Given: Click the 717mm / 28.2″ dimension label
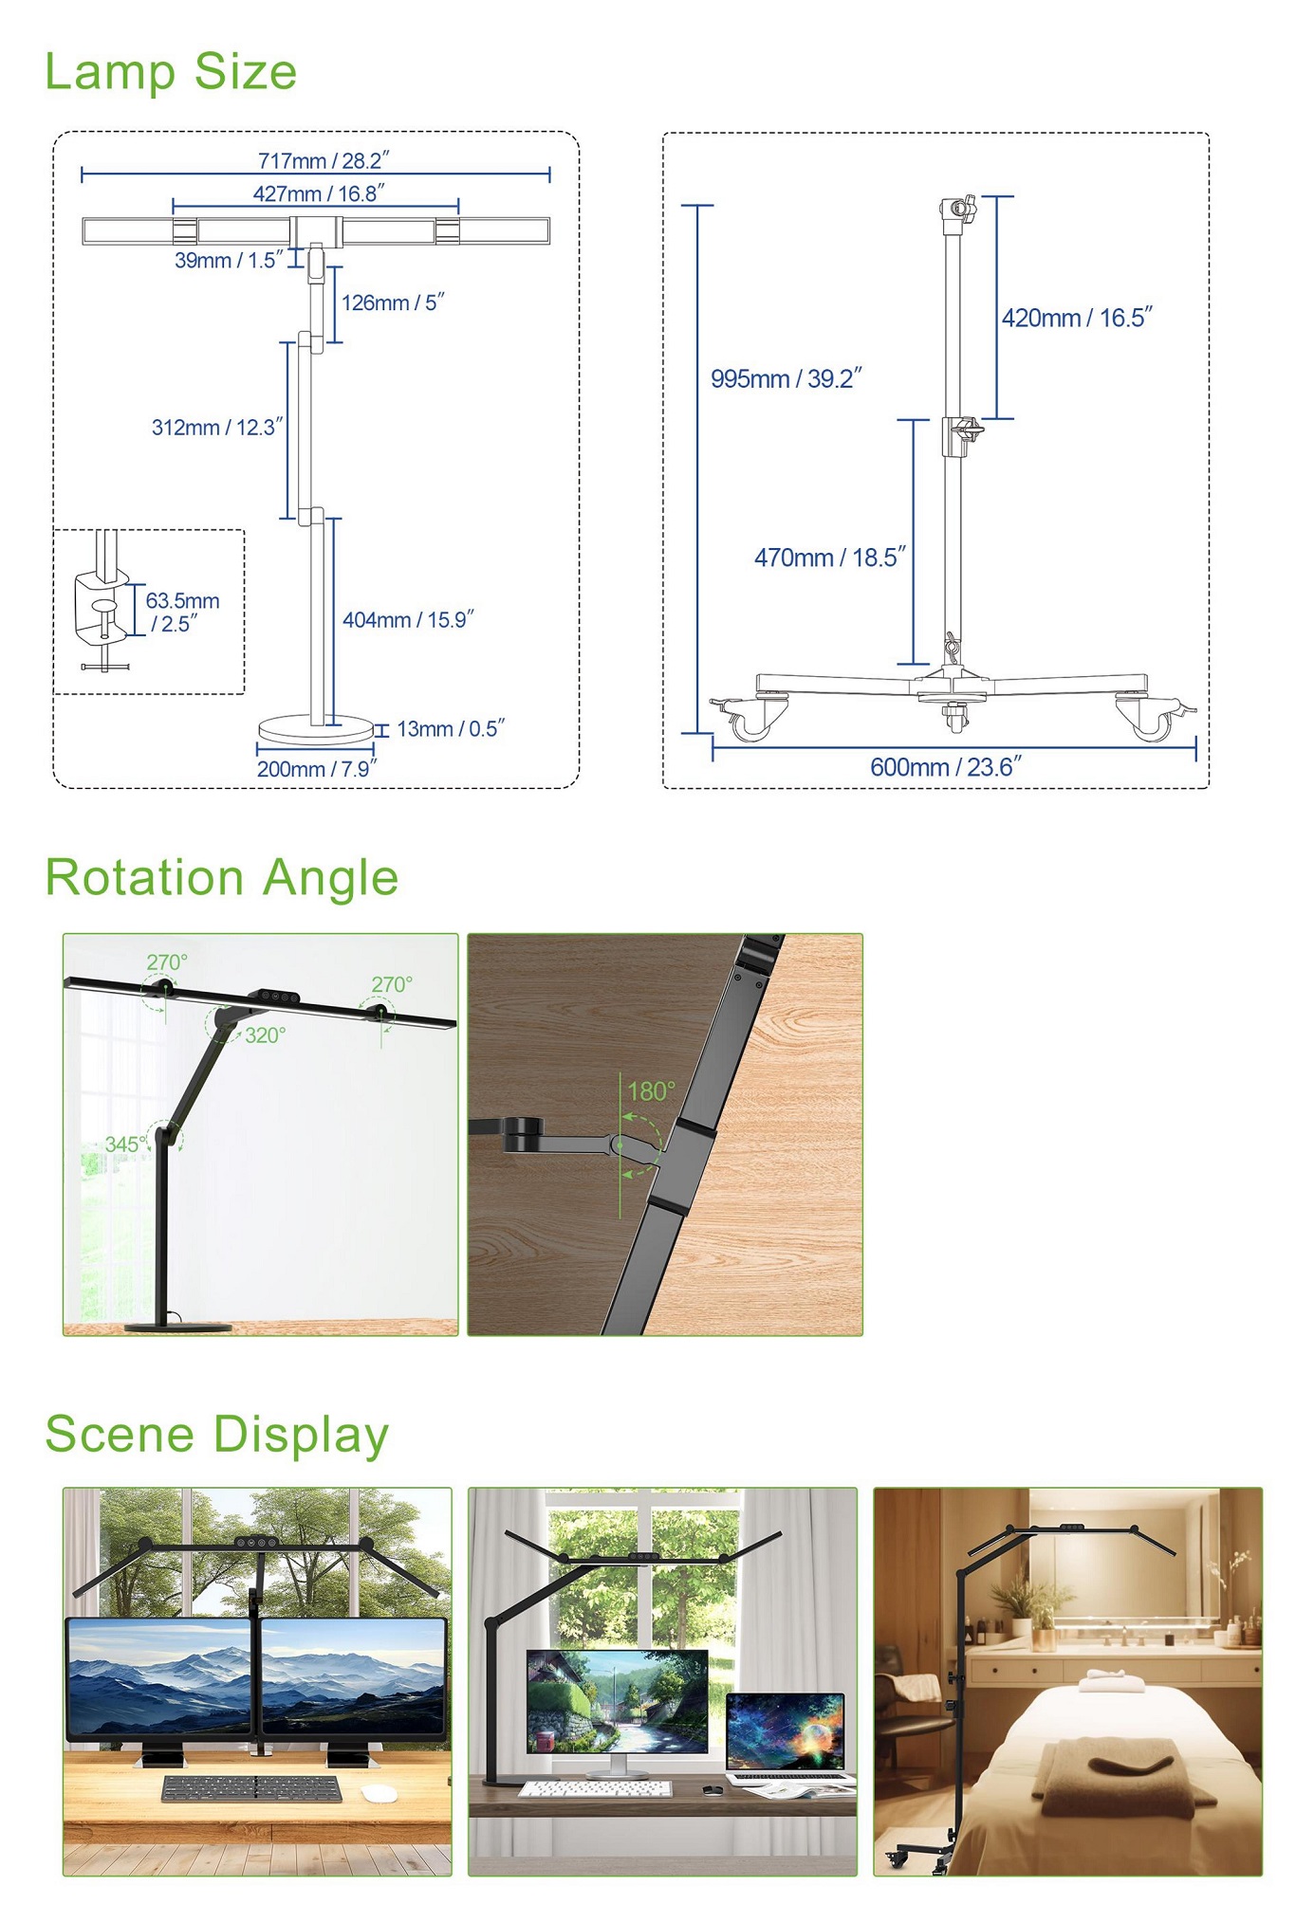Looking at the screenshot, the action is [x=324, y=160].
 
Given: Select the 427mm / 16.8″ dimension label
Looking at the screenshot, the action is [x=319, y=193].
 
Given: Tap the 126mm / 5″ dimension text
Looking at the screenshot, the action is [x=393, y=302].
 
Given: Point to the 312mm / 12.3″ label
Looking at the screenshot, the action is [x=217, y=427].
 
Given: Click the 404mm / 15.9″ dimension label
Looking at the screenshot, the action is [x=408, y=619].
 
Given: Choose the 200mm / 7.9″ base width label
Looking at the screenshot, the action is [x=317, y=769].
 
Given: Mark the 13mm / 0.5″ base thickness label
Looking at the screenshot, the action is [x=451, y=728].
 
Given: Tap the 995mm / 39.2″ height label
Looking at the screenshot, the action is [x=787, y=378].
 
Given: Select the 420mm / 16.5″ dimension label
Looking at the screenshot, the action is [x=1077, y=318].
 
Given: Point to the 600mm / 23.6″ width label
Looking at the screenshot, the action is [x=946, y=766].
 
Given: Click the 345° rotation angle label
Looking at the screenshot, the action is [x=125, y=1144].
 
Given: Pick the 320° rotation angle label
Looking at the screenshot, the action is [x=266, y=1035].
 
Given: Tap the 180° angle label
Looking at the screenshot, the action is [x=652, y=1091].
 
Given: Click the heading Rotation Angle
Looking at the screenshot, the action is [x=222, y=877].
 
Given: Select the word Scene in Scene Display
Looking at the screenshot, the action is [x=120, y=1433].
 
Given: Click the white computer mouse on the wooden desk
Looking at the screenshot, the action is [x=380, y=1792].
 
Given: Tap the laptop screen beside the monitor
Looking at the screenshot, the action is [x=785, y=1731].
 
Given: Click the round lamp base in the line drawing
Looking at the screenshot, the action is [x=316, y=729].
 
